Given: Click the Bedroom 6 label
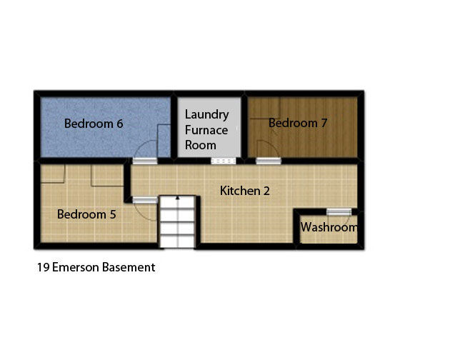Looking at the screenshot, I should pyautogui.click(x=94, y=124).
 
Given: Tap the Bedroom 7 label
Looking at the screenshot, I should pyautogui.click(x=298, y=123).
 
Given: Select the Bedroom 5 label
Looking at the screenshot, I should pyautogui.click(x=86, y=214).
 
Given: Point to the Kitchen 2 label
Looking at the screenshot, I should pyautogui.click(x=244, y=191).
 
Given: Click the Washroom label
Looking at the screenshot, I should pyautogui.click(x=329, y=228).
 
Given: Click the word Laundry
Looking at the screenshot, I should pyautogui.click(x=206, y=115).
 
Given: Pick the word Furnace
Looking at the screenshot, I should pyautogui.click(x=206, y=130).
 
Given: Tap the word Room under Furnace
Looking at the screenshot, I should pyautogui.click(x=200, y=145).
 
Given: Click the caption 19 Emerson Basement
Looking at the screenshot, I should pyautogui.click(x=96, y=268).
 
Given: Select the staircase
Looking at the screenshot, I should pyautogui.click(x=176, y=221).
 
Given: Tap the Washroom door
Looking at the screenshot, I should pyautogui.click(x=339, y=211).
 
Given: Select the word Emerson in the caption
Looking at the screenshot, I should pyautogui.click(x=79, y=268).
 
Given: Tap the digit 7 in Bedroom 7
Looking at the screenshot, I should pyautogui.click(x=324, y=123).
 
